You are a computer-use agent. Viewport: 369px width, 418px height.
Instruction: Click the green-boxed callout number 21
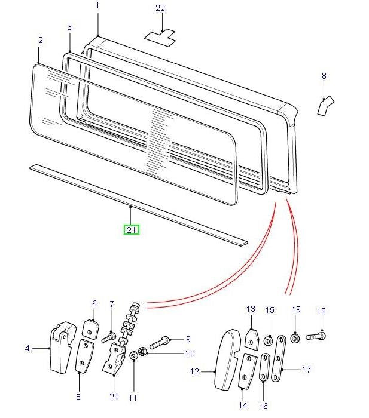pyautogui.click(x=132, y=229)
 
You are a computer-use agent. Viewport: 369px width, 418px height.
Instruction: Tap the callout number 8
pyautogui.click(x=324, y=76)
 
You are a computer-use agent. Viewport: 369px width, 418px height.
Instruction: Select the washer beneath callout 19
pyautogui.click(x=295, y=339)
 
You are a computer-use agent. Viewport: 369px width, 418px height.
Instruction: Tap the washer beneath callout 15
pyautogui.click(x=269, y=339)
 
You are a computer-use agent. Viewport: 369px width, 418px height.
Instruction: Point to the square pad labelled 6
pyautogui.click(x=91, y=328)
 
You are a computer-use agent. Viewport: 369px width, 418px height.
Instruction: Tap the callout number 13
pyautogui.click(x=251, y=309)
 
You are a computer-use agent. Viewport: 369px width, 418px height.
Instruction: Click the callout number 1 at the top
pyautogui.click(x=98, y=5)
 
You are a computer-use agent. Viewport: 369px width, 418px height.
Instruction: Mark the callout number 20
pyautogui.click(x=115, y=396)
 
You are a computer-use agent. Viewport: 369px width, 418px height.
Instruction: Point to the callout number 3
pyautogui.click(x=69, y=27)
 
